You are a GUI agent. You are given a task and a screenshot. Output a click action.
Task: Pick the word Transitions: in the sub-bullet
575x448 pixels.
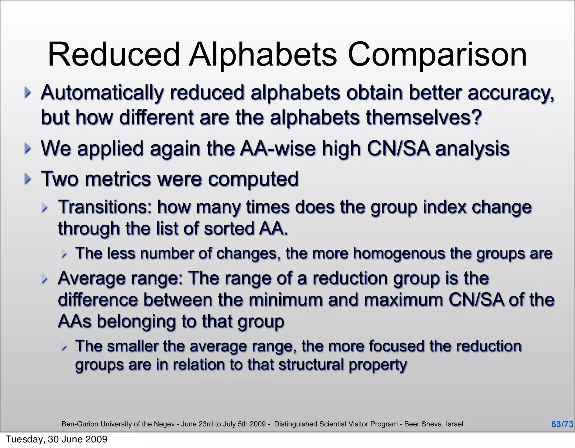click(x=105, y=207)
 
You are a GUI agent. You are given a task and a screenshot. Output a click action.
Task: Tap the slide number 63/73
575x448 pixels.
click(x=562, y=424)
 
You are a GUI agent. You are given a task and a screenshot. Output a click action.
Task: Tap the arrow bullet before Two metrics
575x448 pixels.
click(x=28, y=179)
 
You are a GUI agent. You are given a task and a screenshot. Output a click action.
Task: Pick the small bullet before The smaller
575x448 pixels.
click(x=64, y=348)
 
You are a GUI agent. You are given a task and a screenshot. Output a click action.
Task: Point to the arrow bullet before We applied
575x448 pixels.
click(x=28, y=148)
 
